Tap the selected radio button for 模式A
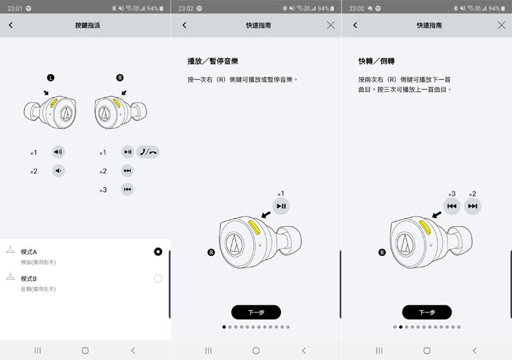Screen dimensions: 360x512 pyautogui.click(x=158, y=252)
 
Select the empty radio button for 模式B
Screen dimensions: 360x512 pyautogui.click(x=158, y=278)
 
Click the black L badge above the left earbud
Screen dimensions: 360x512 pyautogui.click(x=50, y=77)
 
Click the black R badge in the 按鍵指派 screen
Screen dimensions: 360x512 pyautogui.click(x=119, y=77)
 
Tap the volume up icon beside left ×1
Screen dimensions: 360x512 pyautogui.click(x=58, y=152)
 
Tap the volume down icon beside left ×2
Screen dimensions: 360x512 pyautogui.click(x=58, y=171)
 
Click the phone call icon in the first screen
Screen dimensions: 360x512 pyautogui.click(x=149, y=152)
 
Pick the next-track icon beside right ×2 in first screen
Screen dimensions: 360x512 pyautogui.click(x=127, y=171)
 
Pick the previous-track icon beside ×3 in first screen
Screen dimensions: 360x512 pyautogui.click(x=127, y=189)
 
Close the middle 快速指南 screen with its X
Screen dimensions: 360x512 pyautogui.click(x=331, y=25)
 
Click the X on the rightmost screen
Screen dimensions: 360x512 pyautogui.click(x=501, y=25)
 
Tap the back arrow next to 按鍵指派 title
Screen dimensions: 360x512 pyautogui.click(x=11, y=25)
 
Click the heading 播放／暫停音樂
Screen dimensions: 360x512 pyautogui.click(x=212, y=62)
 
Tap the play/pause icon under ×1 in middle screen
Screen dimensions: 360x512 pyautogui.click(x=281, y=206)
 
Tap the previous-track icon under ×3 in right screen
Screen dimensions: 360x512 pyautogui.click(x=452, y=206)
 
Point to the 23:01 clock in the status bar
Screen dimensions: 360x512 pyautogui.click(x=14, y=8)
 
